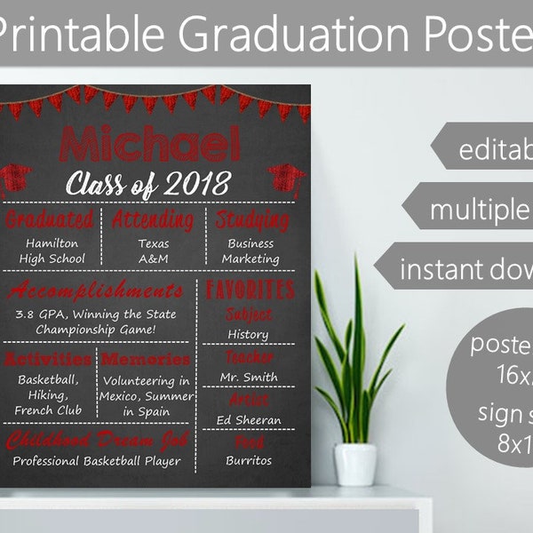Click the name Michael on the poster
148,145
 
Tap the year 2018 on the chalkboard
199,184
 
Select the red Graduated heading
50,219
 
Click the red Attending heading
153,219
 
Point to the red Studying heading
250,219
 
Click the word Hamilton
52,243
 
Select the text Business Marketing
250,251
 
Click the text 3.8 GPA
40,314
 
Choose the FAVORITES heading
250,290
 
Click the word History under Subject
248,334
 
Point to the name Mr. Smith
248,377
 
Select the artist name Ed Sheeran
248,419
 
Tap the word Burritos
248,461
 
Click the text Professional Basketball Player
96,461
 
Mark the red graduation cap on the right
286,178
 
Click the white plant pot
355,464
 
